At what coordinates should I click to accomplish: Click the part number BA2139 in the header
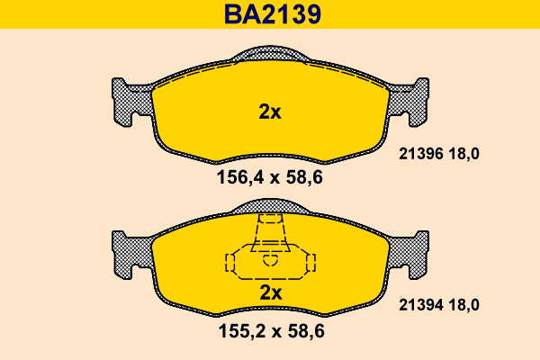273,14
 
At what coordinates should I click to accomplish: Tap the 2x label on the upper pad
270,112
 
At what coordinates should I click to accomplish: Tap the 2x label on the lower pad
270,292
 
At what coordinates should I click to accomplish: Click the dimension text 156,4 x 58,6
270,178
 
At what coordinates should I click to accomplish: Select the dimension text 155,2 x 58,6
272,331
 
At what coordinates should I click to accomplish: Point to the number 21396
421,154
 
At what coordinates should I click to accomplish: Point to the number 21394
421,305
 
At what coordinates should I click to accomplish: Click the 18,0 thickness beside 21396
463,154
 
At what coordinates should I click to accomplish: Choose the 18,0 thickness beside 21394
463,305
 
